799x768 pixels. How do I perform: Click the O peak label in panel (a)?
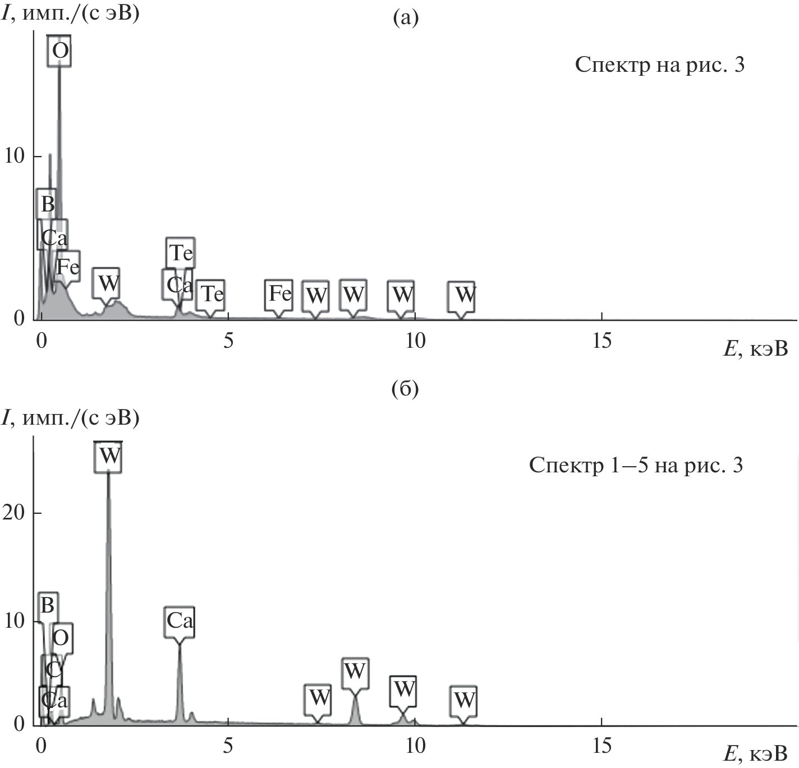(59, 51)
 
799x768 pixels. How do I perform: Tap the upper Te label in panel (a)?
(181, 253)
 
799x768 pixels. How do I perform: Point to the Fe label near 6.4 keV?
(279, 293)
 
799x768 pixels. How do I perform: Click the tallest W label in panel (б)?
(108, 456)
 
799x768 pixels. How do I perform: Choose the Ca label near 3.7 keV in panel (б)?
(180, 620)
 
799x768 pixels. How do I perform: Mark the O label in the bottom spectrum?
(61, 637)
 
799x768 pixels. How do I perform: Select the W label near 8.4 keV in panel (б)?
(355, 671)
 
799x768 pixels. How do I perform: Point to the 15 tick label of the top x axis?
(601, 341)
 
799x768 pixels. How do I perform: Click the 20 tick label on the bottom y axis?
(15, 513)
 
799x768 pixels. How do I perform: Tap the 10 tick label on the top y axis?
(15, 156)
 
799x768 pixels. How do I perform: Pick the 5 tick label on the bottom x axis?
(228, 746)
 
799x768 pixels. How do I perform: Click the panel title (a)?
(405, 18)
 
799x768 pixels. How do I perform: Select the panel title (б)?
(405, 389)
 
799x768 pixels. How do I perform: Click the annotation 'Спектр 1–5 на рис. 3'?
(636, 465)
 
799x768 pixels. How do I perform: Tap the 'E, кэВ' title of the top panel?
(755, 349)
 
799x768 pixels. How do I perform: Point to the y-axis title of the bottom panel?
(70, 418)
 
